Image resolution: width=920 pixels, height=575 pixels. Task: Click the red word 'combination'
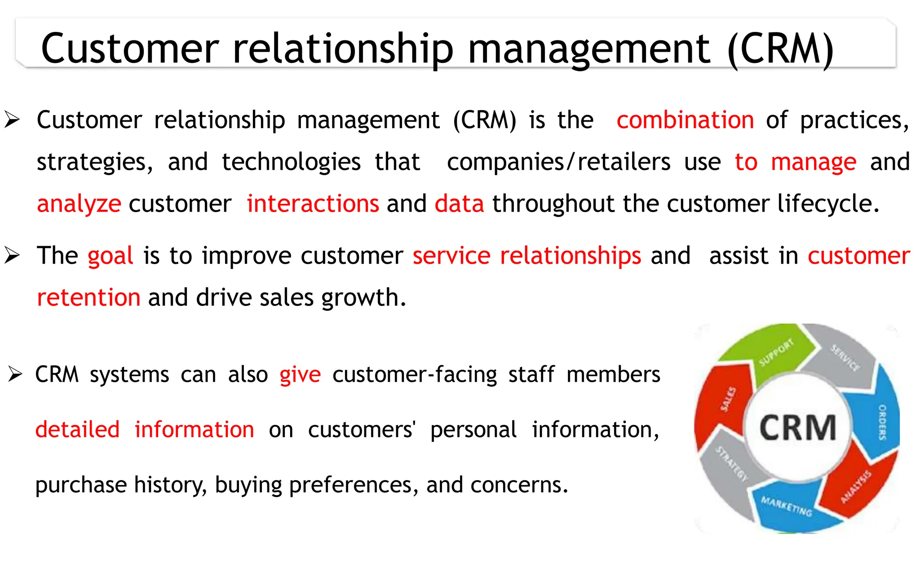[x=685, y=120]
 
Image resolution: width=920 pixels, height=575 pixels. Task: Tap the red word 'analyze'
[x=79, y=204]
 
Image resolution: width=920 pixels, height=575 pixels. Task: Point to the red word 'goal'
[x=110, y=256]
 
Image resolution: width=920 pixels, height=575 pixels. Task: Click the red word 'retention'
[x=88, y=297]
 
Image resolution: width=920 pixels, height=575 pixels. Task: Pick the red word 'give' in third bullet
[x=300, y=375]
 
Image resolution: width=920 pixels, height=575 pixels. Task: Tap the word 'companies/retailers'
[x=558, y=162]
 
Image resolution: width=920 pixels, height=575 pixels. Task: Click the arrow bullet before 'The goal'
[x=12, y=256]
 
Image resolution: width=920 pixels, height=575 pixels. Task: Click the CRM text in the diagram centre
[x=797, y=427]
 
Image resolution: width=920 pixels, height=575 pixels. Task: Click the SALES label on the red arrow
[x=728, y=399]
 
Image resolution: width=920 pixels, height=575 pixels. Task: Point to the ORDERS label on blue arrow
[x=882, y=422]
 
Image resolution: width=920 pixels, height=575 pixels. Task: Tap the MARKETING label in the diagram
[x=786, y=506]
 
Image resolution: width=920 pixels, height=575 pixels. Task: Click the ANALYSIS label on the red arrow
[x=856, y=487]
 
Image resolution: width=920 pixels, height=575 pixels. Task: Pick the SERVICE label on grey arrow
[x=845, y=358]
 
